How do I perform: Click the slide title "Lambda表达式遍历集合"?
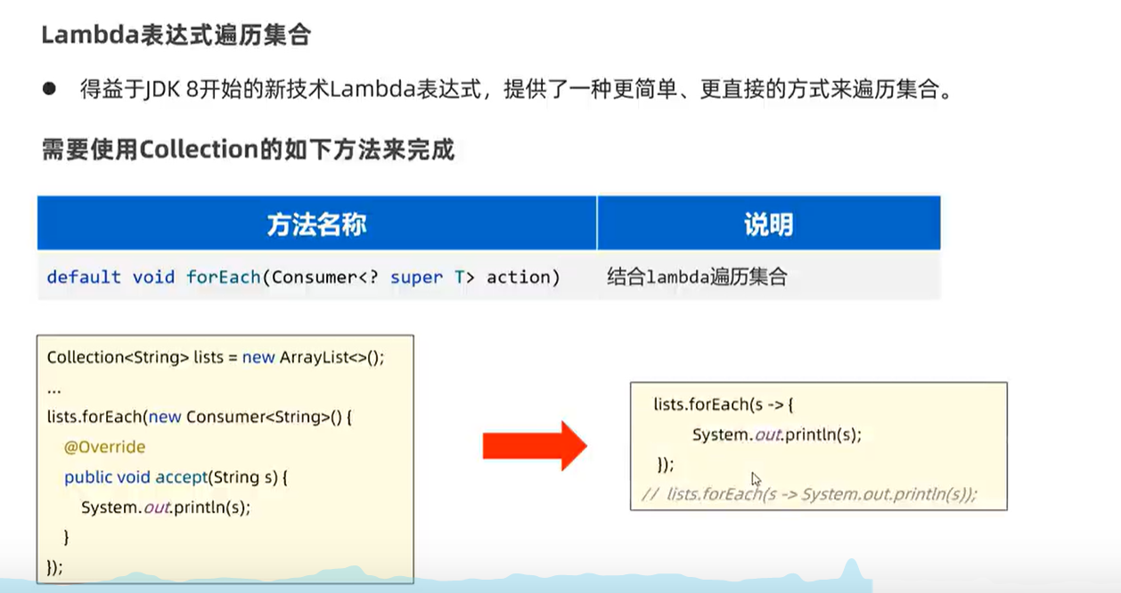(x=176, y=36)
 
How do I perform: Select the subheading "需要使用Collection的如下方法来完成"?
(x=248, y=149)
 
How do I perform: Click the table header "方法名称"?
(x=316, y=223)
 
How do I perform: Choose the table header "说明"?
(x=768, y=223)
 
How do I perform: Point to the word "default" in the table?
(x=84, y=277)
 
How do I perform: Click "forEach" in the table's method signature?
(x=223, y=277)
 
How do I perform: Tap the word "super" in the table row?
(x=416, y=277)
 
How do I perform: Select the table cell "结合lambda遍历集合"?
(x=697, y=277)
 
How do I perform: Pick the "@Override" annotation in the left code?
(x=104, y=447)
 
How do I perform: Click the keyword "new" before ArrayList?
(x=258, y=357)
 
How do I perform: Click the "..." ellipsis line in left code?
(x=53, y=388)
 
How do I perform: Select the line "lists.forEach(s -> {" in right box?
(x=723, y=405)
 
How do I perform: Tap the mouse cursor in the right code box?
(x=756, y=479)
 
